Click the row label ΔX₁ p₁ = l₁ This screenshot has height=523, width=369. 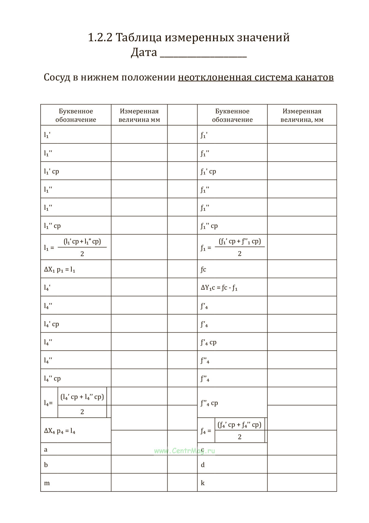[60, 270]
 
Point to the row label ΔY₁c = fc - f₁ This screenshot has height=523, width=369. [219, 288]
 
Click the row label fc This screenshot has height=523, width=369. [203, 270]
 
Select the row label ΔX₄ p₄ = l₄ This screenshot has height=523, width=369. [60, 431]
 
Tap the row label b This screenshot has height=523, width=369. [46, 465]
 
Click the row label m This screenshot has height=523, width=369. [47, 483]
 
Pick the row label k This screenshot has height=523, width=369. [203, 483]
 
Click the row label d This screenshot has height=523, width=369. [203, 465]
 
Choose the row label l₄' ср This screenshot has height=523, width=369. [51, 324]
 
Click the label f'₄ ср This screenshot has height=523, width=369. [208, 342]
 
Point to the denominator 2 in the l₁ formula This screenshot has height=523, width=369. [82, 254]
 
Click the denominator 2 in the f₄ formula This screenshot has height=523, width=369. [240, 437]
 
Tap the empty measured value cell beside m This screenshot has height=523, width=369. [139, 482]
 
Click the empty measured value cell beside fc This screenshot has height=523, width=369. [302, 269]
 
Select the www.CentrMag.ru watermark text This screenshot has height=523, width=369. [184, 451]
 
